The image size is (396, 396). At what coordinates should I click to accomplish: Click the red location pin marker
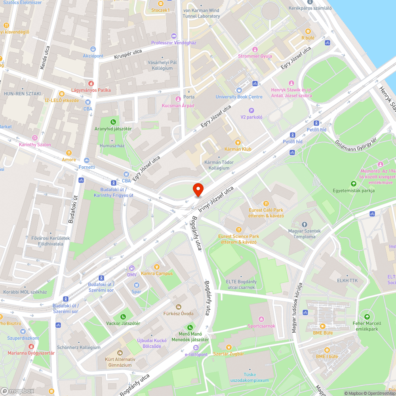(x=198, y=189)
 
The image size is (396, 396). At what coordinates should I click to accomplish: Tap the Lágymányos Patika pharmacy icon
(x=91, y=83)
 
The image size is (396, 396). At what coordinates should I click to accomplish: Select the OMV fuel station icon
(x=131, y=268)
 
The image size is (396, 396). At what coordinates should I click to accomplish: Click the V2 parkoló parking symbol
(x=251, y=110)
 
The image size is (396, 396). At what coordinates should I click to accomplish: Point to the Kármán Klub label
(x=238, y=149)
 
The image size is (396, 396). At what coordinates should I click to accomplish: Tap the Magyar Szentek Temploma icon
(x=305, y=225)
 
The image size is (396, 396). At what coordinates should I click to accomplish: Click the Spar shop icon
(x=136, y=285)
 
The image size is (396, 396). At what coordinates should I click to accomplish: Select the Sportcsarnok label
(x=261, y=326)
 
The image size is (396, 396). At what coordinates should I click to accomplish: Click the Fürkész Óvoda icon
(x=178, y=307)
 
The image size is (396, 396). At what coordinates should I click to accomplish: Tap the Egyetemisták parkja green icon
(x=353, y=184)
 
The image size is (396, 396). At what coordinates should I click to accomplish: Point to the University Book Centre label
(x=239, y=97)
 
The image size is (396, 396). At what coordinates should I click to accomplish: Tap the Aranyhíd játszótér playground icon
(x=113, y=122)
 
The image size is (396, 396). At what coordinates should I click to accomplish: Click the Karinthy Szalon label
(x=35, y=145)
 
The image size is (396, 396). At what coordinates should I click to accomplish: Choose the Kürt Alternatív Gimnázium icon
(x=120, y=352)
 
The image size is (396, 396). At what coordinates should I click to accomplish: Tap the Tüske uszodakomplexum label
(x=249, y=377)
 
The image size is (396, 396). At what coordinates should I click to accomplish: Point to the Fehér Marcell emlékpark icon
(x=367, y=316)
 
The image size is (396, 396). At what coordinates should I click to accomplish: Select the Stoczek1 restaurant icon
(x=160, y=3)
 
